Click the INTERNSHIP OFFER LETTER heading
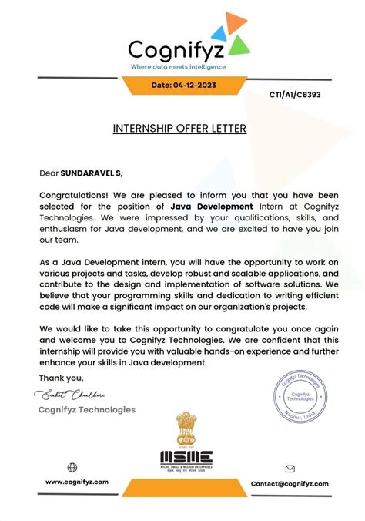180,128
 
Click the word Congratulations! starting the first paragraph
74,195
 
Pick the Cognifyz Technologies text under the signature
86,410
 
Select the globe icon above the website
72,467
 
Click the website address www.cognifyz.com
77,482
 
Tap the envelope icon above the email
290,468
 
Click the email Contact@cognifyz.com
290,483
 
